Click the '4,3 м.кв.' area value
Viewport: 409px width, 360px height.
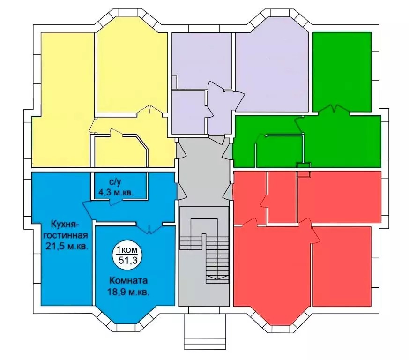point(116,193)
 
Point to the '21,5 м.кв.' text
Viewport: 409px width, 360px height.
point(67,246)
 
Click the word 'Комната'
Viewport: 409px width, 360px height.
point(128,281)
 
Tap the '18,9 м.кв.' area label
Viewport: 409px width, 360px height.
point(128,292)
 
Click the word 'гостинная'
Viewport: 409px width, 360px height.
point(66,235)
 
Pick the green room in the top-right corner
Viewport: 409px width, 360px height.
point(342,72)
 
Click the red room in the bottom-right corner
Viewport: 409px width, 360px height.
point(342,266)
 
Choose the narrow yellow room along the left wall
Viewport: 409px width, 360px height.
point(63,99)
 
